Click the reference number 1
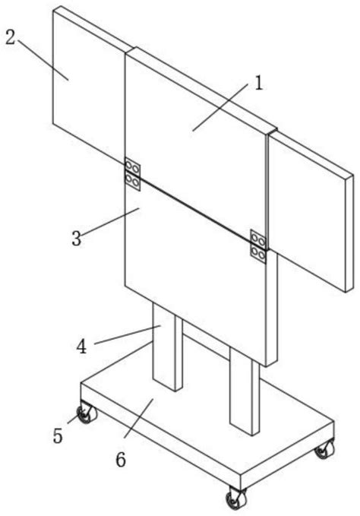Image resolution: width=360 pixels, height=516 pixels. [259, 83]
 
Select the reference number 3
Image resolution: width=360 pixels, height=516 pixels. [76, 238]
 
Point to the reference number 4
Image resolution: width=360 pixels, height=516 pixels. [81, 347]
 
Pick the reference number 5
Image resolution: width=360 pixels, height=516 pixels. [58, 436]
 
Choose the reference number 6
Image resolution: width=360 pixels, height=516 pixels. [121, 460]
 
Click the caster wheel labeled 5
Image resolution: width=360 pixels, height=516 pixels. [87, 413]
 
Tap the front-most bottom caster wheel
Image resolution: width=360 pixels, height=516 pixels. [236, 499]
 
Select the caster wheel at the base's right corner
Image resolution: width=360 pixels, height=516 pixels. [325, 448]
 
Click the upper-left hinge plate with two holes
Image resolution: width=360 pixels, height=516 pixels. [132, 166]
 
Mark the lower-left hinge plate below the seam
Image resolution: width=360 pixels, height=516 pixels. [132, 182]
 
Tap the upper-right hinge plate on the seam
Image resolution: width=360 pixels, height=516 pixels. [258, 239]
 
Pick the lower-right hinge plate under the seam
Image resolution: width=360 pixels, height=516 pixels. [258, 255]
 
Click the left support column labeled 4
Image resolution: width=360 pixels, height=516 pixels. [167, 347]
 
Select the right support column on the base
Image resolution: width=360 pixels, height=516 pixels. [245, 391]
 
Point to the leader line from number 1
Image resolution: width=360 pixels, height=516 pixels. [220, 107]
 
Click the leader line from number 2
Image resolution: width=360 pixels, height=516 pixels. [43, 59]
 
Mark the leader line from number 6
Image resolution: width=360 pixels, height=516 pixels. [138, 418]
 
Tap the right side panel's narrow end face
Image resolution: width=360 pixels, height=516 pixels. [349, 233]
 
